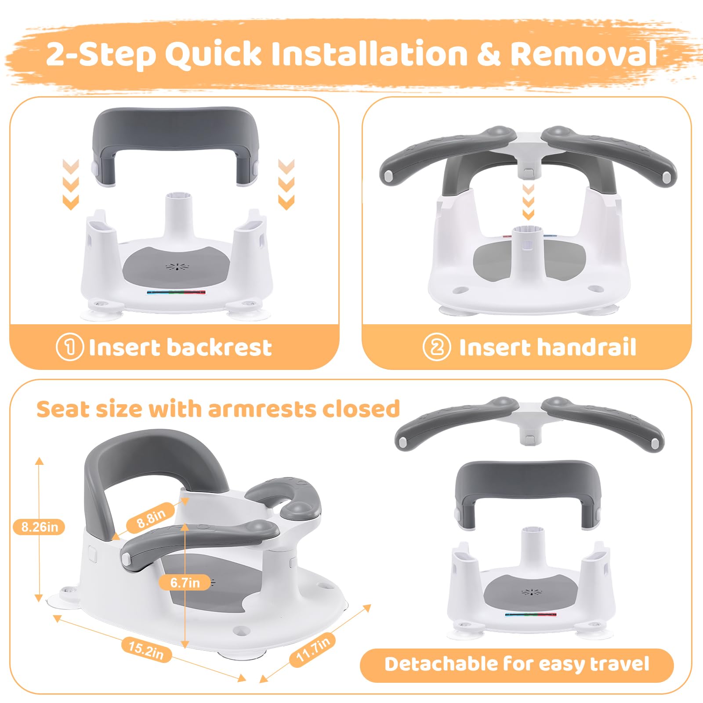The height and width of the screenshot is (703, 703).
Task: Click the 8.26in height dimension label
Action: tap(39, 526)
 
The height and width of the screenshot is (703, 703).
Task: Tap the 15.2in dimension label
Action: tap(146, 650)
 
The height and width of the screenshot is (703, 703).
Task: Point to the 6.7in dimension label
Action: tap(185, 583)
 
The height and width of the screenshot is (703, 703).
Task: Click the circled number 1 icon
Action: tap(69, 347)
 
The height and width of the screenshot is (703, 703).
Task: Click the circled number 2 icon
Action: tap(437, 347)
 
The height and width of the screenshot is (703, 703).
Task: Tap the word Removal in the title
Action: tap(583, 54)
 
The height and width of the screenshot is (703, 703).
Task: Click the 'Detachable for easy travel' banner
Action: tap(517, 664)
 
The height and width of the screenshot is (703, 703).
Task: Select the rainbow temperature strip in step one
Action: tap(176, 292)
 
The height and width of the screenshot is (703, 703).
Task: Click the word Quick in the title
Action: tap(213, 54)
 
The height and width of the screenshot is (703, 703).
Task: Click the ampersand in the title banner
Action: tap(489, 54)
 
